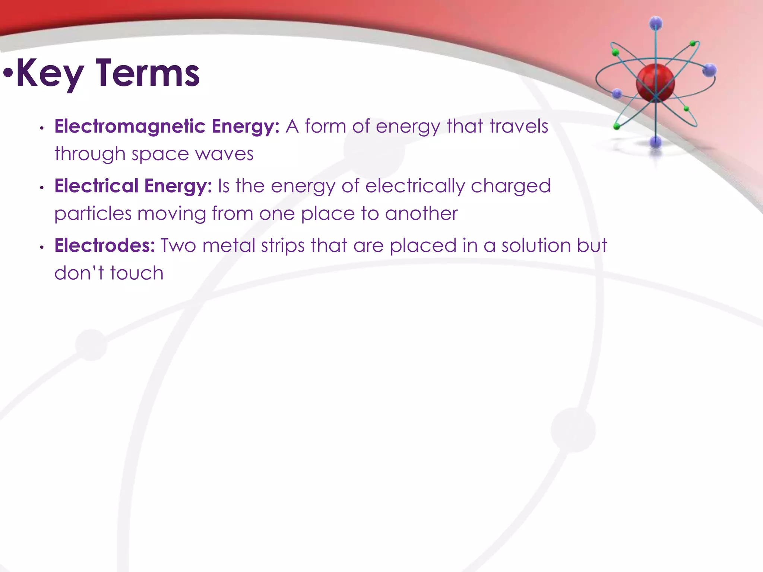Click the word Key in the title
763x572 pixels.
50,74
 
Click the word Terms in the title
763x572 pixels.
148,74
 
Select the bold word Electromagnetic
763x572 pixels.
130,127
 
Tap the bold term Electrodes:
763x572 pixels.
105,246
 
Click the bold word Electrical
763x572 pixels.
96,186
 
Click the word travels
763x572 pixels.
519,126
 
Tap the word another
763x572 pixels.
421,214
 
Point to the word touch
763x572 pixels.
137,273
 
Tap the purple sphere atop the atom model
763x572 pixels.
656,23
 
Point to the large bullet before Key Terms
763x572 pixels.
8,73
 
